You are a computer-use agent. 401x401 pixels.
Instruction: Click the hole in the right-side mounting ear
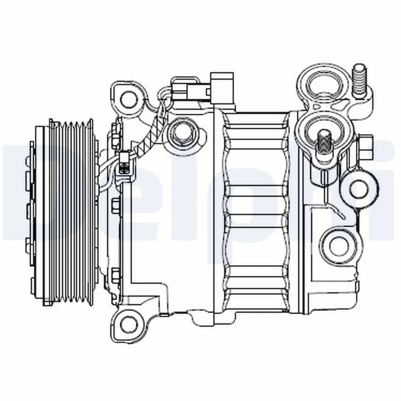coord(359,188)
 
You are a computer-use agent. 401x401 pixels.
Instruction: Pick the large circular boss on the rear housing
coord(339,245)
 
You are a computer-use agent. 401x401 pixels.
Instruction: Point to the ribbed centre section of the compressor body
coord(256,211)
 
